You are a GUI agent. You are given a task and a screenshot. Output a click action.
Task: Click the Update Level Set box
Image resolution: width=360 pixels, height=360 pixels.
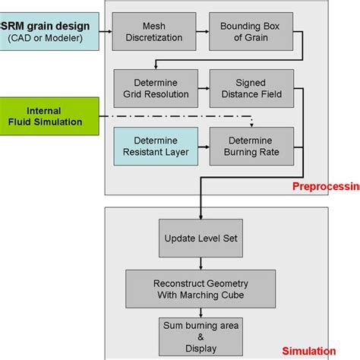point(201,238)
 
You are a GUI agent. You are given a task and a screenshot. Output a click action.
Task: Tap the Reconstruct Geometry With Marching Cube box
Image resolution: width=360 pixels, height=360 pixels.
point(201,288)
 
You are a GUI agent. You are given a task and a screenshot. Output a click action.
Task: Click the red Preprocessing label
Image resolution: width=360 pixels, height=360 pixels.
point(326,186)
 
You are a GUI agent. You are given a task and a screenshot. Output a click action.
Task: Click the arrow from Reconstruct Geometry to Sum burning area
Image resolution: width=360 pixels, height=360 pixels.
point(201,311)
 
